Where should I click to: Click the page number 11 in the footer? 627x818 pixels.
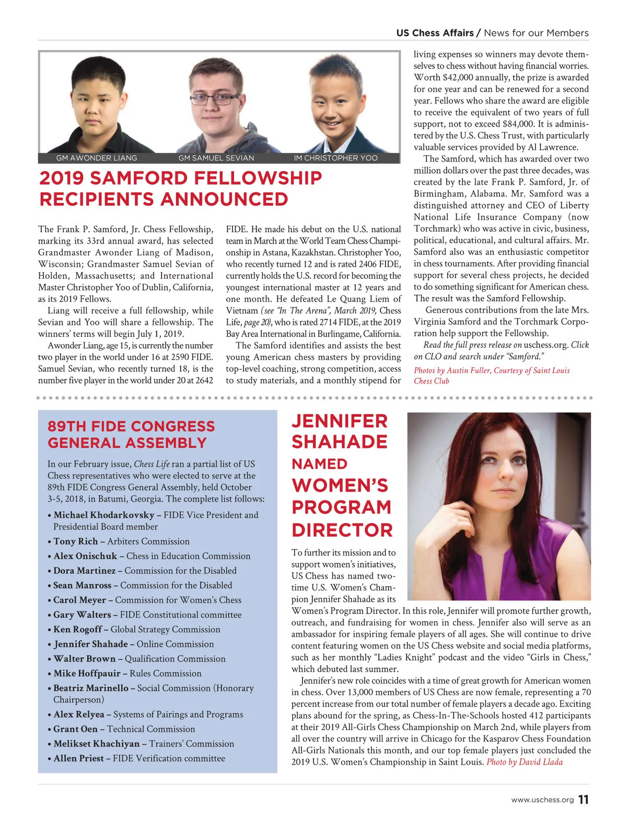pos(584,800)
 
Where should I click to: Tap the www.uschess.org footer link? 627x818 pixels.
pos(542,800)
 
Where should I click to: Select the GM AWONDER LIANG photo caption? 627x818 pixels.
pos(97,158)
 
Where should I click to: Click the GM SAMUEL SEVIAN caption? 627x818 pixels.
pos(216,158)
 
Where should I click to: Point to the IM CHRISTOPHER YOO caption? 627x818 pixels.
pos(335,158)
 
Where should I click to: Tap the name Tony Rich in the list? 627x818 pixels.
pos(76,541)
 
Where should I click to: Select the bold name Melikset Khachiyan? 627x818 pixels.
pos(97,744)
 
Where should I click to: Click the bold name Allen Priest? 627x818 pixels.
pos(79,758)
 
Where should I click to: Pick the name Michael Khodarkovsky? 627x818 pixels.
pos(104,515)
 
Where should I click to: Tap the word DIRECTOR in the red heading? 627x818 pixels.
pos(342,530)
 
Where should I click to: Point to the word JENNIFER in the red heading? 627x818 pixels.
pos(340,422)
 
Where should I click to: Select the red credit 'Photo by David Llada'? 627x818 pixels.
pos(525,762)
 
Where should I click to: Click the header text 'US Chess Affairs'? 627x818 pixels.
pos(435,33)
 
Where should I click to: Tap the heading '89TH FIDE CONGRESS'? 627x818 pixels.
pos(131,426)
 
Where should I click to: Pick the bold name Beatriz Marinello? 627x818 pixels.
pos(91,688)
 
